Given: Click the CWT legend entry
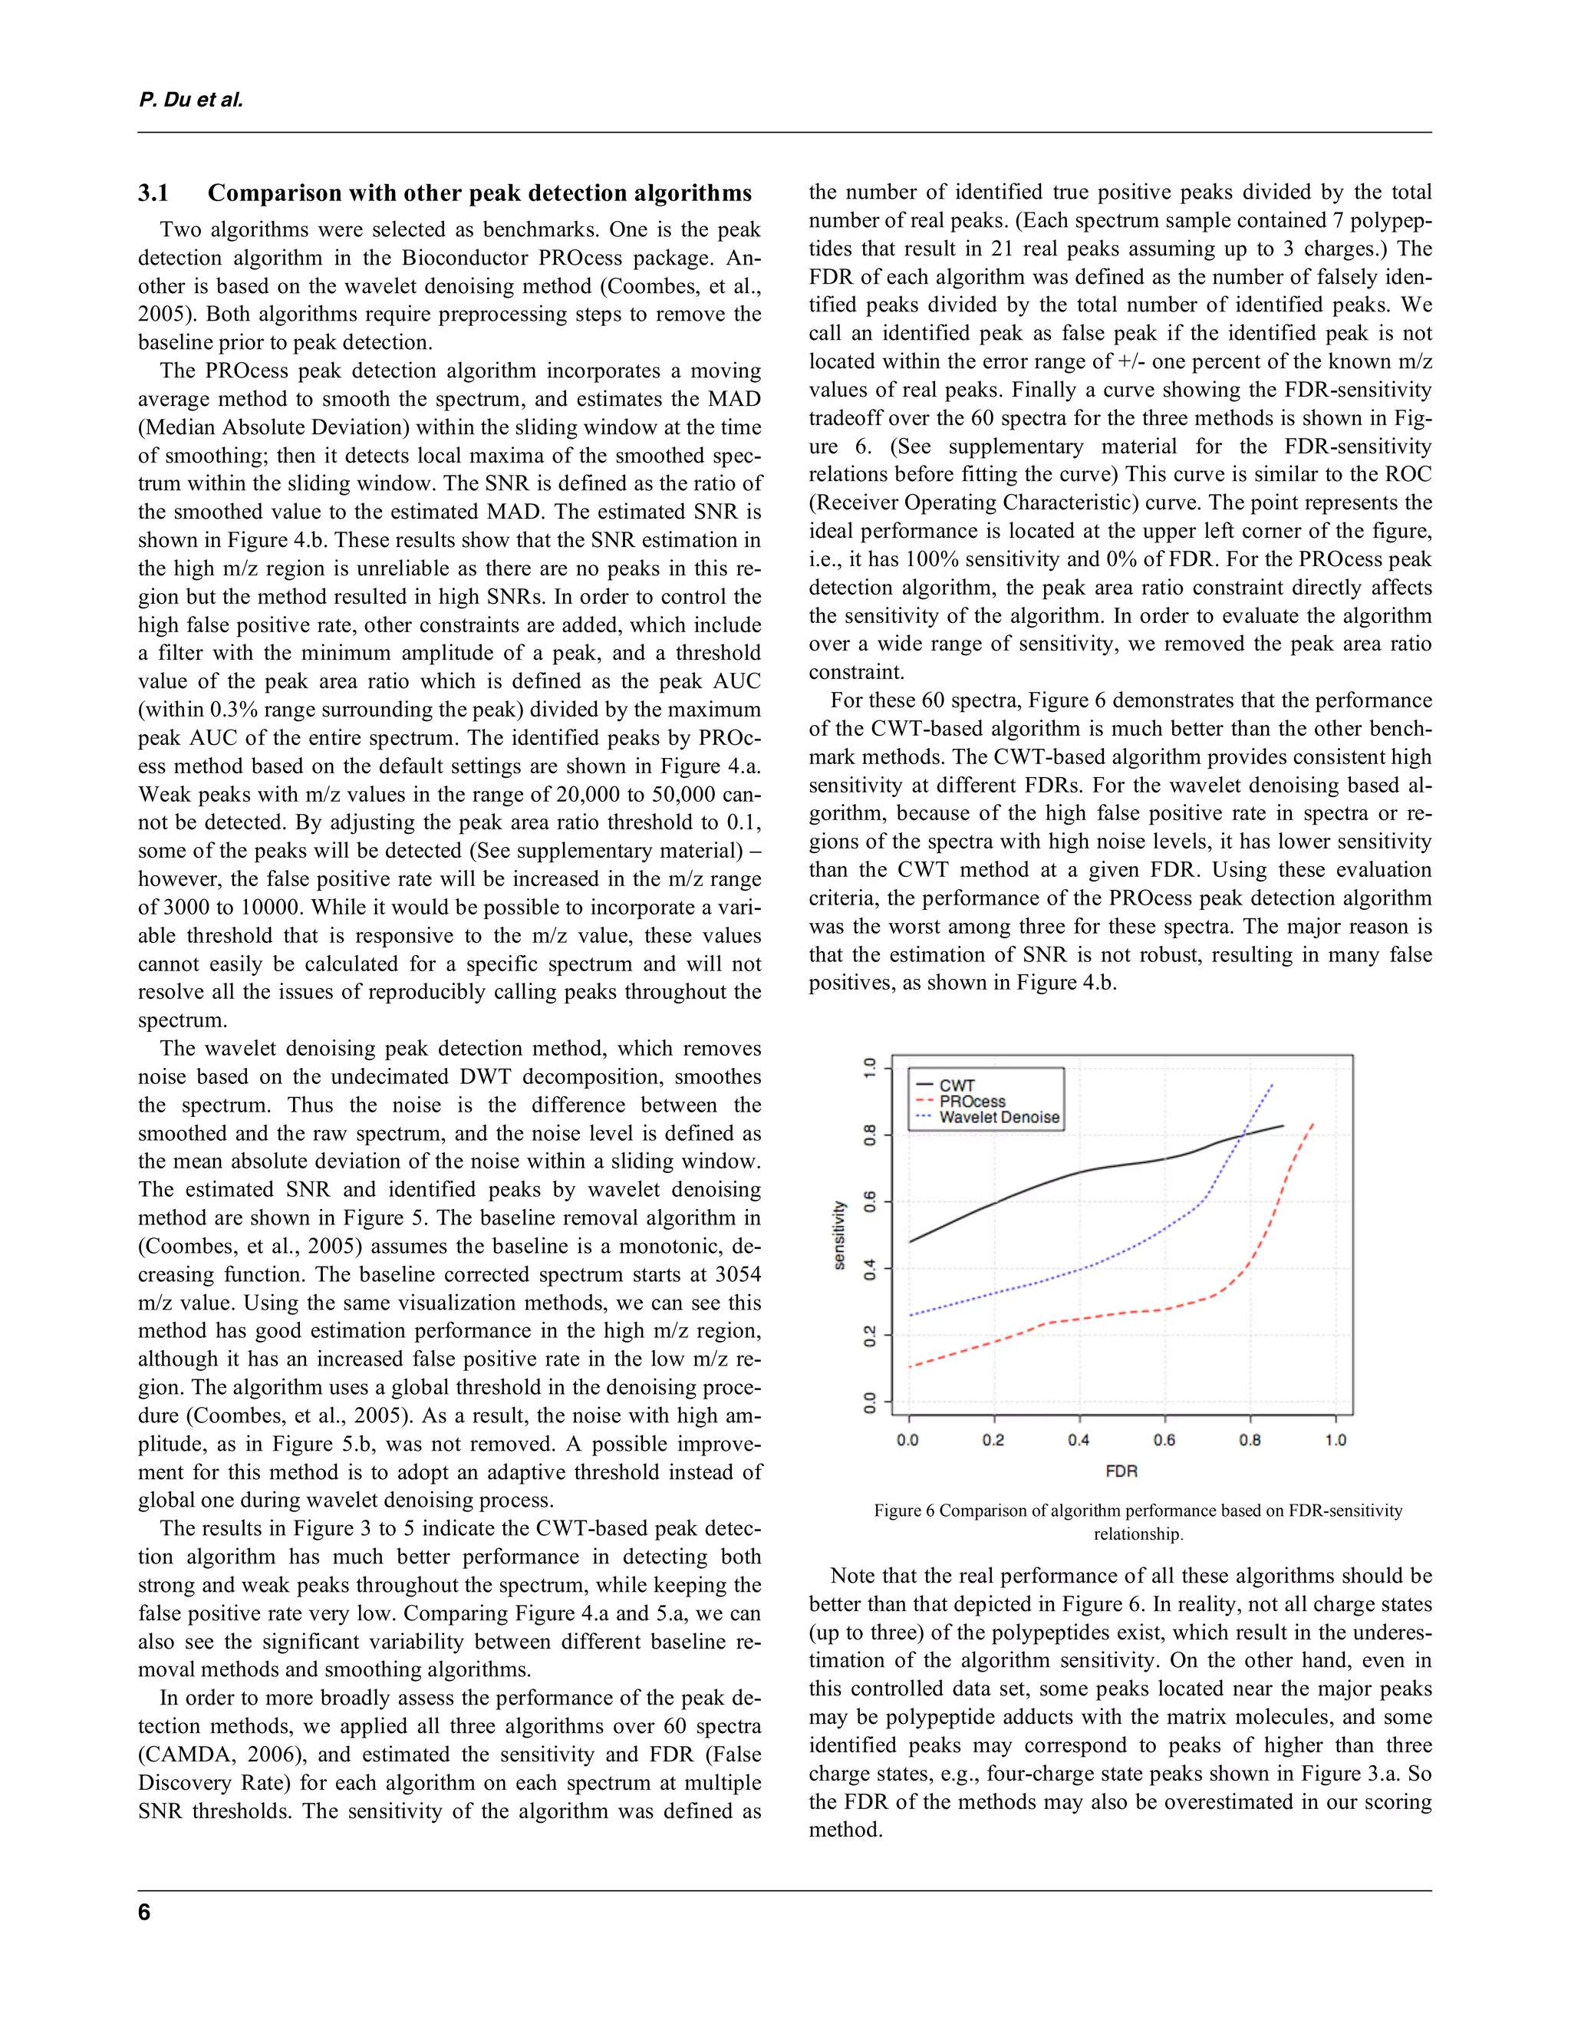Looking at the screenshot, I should [x=956, y=1086].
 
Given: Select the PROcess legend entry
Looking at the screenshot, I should [x=972, y=1101].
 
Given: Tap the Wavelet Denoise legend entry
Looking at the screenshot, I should [x=999, y=1117].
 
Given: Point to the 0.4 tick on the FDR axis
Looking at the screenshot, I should [x=1079, y=1440].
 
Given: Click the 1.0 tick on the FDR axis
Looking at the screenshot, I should [x=1335, y=1440].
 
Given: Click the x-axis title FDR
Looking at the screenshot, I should [x=1121, y=1471].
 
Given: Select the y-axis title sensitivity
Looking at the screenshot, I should [x=839, y=1235].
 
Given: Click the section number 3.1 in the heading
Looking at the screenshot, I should [x=153, y=193].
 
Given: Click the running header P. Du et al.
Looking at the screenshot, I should [x=191, y=100].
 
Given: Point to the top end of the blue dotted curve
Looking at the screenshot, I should [x=1273, y=1085].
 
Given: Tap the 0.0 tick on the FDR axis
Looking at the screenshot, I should [x=907, y=1440].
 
